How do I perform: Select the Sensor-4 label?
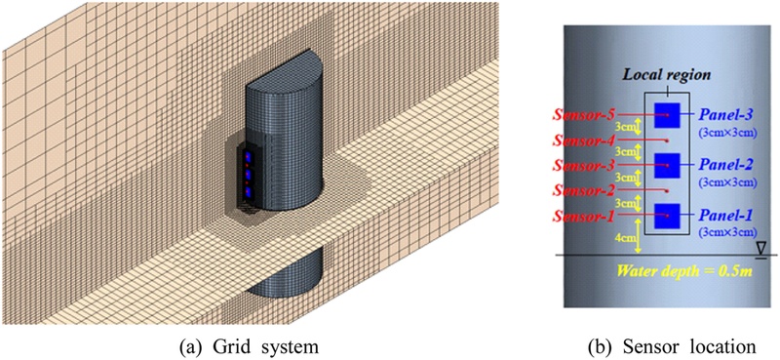click(589, 140)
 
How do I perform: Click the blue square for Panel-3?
click(667, 114)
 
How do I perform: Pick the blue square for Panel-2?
click(667, 164)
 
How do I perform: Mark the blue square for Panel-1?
click(667, 214)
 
